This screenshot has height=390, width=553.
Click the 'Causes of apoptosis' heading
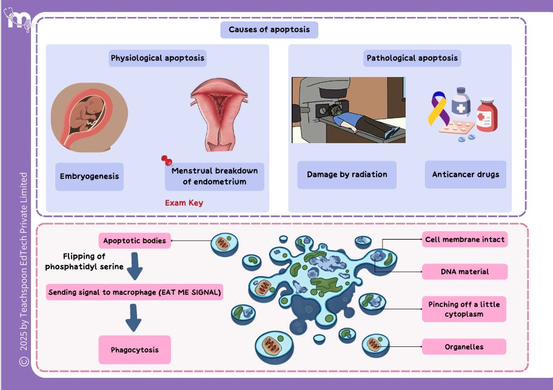click(269, 30)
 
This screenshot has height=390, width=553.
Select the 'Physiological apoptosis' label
click(158, 58)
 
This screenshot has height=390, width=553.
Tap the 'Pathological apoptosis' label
click(412, 58)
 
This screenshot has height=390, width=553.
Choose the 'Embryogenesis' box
click(89, 177)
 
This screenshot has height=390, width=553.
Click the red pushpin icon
click(167, 161)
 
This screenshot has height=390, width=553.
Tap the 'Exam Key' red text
click(184, 203)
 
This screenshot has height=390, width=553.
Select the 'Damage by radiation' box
click(347, 175)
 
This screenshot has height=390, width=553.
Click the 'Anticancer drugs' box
click(466, 175)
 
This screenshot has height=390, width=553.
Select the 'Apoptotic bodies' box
click(135, 241)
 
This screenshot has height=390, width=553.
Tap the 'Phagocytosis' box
click(135, 350)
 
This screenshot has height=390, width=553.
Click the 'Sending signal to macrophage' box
click(135, 293)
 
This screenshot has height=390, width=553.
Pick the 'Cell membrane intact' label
click(464, 240)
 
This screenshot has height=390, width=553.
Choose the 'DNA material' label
click(464, 272)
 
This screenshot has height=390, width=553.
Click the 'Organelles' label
click(464, 347)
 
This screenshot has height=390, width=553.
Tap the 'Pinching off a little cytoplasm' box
click(464, 309)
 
